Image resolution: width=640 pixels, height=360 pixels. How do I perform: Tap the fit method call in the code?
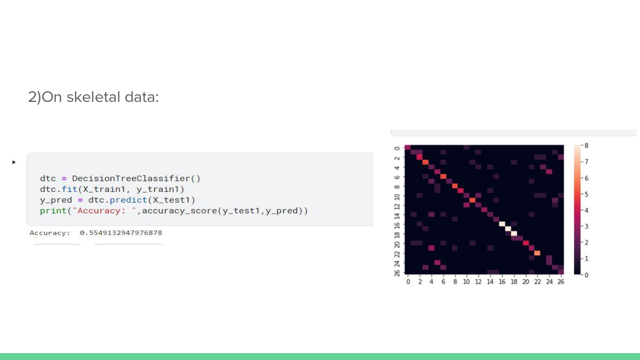click(x=70, y=189)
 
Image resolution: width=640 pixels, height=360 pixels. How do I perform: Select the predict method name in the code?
click(x=128, y=200)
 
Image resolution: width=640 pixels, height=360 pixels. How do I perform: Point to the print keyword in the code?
click(x=53, y=211)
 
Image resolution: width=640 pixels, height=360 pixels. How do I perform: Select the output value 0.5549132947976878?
click(x=121, y=233)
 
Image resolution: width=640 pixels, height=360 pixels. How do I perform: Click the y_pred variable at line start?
click(x=56, y=200)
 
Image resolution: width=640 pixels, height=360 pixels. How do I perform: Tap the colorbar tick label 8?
click(x=587, y=145)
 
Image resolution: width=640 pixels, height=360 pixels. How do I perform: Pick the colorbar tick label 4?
click(x=587, y=210)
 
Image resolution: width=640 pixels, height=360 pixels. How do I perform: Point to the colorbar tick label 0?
click(x=587, y=275)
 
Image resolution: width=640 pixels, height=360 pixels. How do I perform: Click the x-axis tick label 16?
click(x=502, y=282)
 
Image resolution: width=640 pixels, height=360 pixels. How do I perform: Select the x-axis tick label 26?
click(x=561, y=282)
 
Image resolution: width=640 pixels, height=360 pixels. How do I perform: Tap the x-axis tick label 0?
click(x=408, y=282)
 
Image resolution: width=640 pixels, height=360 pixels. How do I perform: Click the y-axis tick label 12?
click(x=397, y=206)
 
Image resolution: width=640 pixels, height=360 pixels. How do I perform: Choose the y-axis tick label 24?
click(x=397, y=263)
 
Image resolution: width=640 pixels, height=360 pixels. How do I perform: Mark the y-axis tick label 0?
click(x=397, y=148)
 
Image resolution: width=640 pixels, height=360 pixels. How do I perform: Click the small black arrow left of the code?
click(x=14, y=162)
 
